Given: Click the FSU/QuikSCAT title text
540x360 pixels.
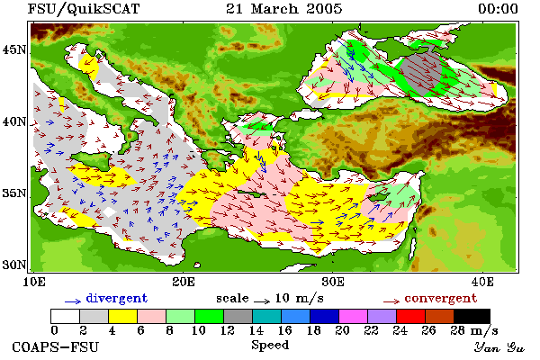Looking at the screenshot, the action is click(84, 9).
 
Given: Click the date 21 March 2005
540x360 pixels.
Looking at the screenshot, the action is click(284, 9).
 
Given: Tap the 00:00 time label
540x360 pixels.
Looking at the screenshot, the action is click(498, 9).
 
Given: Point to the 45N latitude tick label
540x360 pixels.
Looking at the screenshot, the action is click(14, 50).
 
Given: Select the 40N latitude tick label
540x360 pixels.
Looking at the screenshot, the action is click(14, 121).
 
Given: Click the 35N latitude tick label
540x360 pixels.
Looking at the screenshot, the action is click(14, 193).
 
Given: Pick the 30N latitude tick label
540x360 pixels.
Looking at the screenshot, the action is click(14, 265).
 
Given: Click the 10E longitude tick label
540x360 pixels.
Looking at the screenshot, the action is click(34, 282).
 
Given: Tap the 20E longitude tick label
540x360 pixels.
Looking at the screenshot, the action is click(184, 282).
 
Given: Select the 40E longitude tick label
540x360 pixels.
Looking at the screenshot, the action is click(482, 282).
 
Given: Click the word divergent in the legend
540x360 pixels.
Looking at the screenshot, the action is click(116, 298).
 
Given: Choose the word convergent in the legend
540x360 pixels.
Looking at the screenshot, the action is click(441, 298).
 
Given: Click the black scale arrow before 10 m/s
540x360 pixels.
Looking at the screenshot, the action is click(262, 301).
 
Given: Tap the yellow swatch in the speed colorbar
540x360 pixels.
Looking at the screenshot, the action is click(123, 316).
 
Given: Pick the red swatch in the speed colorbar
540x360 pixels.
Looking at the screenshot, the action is click(411, 316).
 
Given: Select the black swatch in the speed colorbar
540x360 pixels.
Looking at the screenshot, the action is click(472, 316).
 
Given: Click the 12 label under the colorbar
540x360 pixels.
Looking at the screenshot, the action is click(227, 330).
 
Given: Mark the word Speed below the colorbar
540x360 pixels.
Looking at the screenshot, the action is click(270, 345).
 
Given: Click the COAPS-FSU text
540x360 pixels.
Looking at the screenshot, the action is click(55, 346).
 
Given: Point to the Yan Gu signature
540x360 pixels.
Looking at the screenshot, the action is click(499, 347).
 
